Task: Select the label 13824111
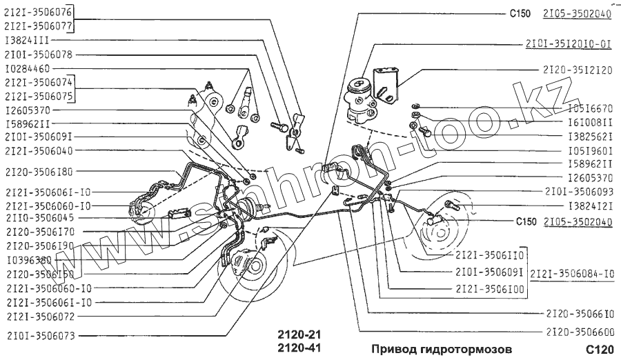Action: pyautogui.click(x=26, y=40)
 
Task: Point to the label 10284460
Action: pyautogui.click(x=27, y=69)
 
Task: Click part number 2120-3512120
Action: pyautogui.click(x=578, y=70)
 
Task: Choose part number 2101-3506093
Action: pyautogui.click(x=578, y=190)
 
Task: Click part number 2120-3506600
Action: pyautogui.click(x=578, y=331)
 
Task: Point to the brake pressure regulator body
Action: pyautogui.click(x=362, y=97)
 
